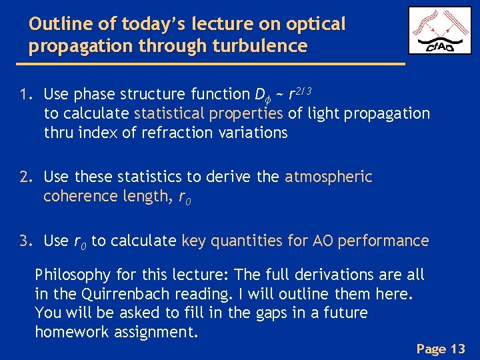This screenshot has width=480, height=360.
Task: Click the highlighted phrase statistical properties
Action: point(209,113)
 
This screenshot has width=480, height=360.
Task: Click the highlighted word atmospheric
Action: point(328,177)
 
